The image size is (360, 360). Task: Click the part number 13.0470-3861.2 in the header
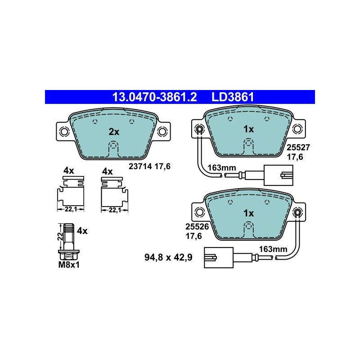[154, 97]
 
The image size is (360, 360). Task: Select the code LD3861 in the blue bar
[233, 97]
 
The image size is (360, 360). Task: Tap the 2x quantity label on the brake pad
[114, 132]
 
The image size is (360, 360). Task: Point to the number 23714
[140, 166]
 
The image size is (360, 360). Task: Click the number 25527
[298, 147]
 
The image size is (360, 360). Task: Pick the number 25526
[197, 227]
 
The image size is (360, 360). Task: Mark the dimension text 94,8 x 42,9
[168, 257]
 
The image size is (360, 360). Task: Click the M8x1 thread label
[69, 265]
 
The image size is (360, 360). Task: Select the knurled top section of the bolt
[69, 229]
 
